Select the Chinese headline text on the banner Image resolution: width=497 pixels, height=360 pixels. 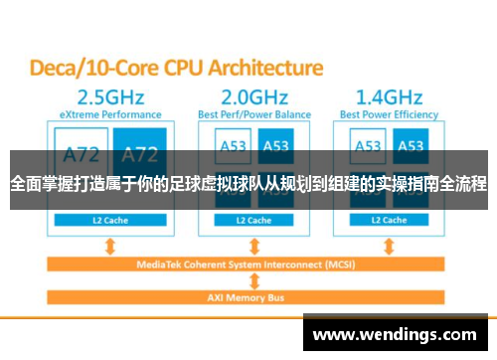tap(248, 184)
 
